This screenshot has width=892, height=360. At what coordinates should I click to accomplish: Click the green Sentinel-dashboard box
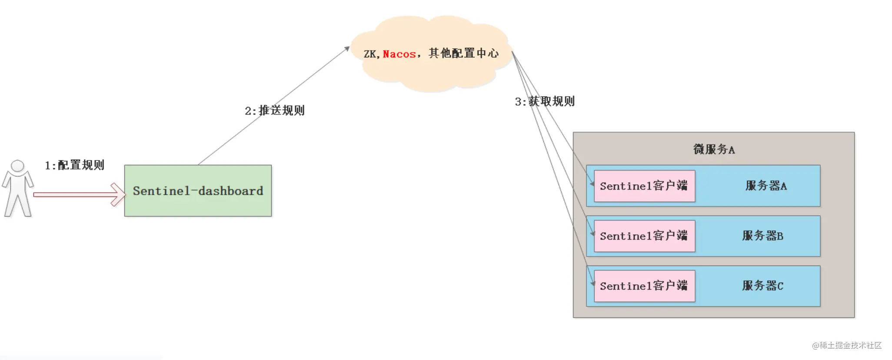[x=198, y=190]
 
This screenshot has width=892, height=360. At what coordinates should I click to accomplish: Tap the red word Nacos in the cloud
[x=399, y=54]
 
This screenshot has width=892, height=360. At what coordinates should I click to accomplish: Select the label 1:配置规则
[x=74, y=165]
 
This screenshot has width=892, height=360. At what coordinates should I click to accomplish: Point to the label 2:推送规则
[x=274, y=110]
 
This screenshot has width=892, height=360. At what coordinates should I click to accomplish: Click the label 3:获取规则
[x=545, y=101]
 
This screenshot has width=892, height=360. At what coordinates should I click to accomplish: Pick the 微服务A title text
[x=714, y=149]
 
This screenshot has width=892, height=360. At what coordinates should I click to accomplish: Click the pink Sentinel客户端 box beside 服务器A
[x=644, y=186]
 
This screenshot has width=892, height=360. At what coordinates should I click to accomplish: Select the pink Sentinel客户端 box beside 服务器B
[x=644, y=236]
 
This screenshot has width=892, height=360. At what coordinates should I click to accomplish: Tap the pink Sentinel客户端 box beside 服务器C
[x=644, y=286]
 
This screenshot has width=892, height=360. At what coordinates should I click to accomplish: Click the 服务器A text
[x=766, y=186]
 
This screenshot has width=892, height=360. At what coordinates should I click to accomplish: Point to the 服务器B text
[x=762, y=236]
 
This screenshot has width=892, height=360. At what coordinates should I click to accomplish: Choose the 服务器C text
[x=762, y=286]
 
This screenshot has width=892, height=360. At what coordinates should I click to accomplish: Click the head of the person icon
[x=17, y=166]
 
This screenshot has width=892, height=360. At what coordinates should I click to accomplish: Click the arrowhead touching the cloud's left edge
[x=347, y=49]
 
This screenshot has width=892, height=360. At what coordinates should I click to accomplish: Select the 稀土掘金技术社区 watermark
[x=846, y=345]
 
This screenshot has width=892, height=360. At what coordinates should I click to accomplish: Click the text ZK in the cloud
[x=370, y=54]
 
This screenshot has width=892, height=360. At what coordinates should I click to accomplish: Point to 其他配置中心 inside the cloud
[x=463, y=53]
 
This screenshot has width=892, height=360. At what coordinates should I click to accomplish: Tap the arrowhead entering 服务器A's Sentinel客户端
[x=592, y=183]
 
